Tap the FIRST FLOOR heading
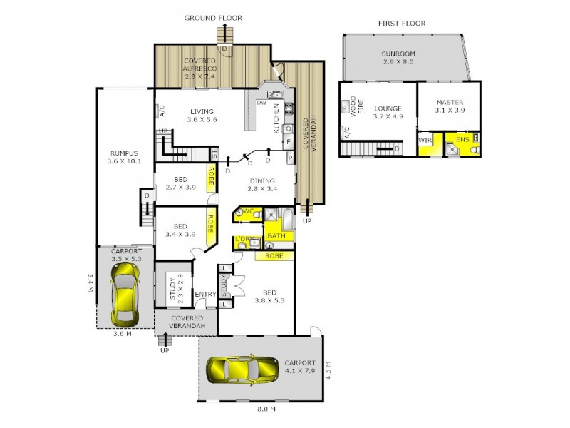pos(402,23)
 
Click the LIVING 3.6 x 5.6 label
pos(202,115)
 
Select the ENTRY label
pos(205,295)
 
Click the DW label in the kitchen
pos(261,101)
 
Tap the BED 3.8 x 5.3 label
pos(269,297)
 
